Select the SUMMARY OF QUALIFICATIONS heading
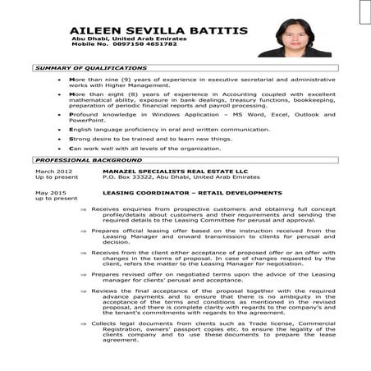pyautogui.click(x=91, y=68)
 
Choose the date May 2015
pyautogui.click(x=50, y=192)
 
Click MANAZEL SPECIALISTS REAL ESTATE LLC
pyautogui.click(x=163, y=170)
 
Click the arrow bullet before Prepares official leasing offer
pyautogui.click(x=84, y=232)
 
